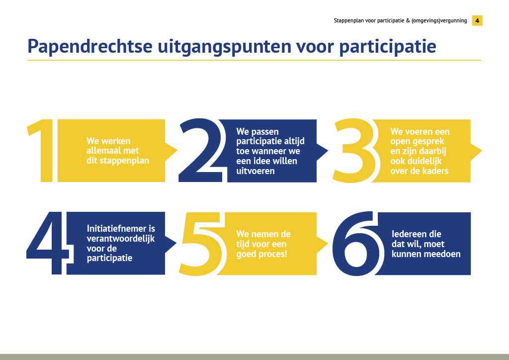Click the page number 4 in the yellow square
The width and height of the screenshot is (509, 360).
tap(477, 20)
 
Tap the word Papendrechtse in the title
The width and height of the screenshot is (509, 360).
tap(90, 46)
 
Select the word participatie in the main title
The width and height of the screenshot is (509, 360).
tap(387, 47)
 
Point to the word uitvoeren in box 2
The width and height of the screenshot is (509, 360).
tap(255, 171)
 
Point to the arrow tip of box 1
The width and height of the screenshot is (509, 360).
tap(177, 150)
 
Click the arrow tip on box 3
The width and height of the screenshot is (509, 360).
tap(482, 150)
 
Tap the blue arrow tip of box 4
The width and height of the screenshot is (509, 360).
tap(176, 243)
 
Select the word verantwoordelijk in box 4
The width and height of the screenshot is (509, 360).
tap(121, 239)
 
